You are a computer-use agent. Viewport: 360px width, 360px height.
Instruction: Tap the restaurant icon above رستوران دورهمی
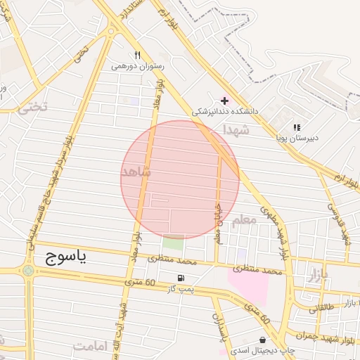138,55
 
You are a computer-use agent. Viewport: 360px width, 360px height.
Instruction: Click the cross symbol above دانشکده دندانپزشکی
224,101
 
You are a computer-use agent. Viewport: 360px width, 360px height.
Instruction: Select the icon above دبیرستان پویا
297,127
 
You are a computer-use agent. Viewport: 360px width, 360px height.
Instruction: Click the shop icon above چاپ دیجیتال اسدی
262,340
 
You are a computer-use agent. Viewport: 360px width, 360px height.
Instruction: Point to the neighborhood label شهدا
236,130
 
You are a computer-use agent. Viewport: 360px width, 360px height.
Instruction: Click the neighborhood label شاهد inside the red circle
137,172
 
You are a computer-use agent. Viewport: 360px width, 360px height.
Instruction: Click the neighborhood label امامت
89,346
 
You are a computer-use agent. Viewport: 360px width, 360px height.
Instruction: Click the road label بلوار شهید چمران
321,335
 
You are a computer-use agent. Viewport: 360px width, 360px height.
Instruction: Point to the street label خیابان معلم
217,224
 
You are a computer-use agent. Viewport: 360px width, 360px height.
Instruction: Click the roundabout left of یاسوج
27,270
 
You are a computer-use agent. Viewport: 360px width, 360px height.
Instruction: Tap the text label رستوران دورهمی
138,66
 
